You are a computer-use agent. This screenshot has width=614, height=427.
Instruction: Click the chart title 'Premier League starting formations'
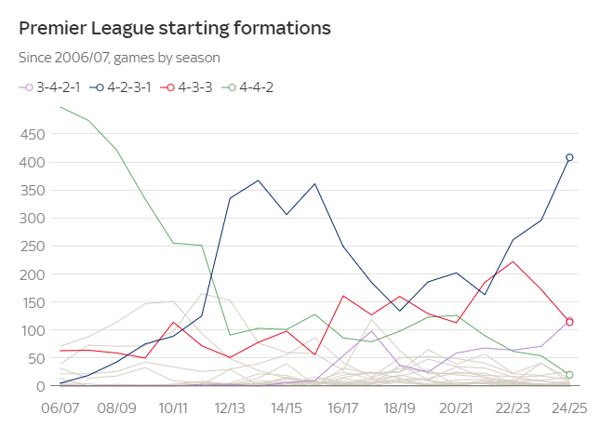tap(175, 28)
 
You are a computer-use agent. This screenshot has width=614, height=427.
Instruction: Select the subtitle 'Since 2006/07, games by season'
tap(119, 58)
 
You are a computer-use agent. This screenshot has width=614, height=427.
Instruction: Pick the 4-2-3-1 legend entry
tap(127, 87)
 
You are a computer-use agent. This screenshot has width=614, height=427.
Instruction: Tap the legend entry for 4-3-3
tap(191, 87)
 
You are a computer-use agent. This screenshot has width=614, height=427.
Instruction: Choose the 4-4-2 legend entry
tap(251, 87)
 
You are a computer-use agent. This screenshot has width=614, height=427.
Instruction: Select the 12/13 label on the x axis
tap(229, 407)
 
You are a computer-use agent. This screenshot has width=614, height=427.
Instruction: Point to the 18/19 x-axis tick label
tap(399, 407)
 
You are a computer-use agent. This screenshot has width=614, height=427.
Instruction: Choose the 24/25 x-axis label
tap(568, 407)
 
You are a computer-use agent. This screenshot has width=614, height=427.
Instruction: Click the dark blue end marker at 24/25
tap(569, 157)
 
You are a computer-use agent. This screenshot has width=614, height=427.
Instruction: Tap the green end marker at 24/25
tap(569, 375)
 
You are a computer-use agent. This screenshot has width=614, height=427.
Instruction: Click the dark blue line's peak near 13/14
tap(258, 180)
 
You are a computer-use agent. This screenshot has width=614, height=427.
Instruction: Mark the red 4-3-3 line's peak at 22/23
tap(513, 261)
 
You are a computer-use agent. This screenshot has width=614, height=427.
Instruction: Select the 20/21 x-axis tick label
tap(456, 407)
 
